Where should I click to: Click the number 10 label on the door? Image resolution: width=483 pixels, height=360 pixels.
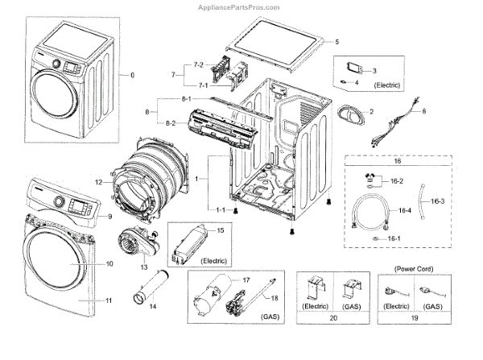coord(109,264)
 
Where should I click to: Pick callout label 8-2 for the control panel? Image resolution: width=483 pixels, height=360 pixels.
coord(171,122)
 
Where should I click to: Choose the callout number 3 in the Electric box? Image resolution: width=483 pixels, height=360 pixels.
coord(374,71)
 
